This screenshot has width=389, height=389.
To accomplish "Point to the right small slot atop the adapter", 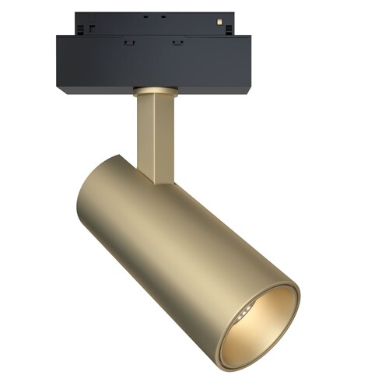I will [163, 16].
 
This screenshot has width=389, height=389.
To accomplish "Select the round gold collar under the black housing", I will [152, 91].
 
